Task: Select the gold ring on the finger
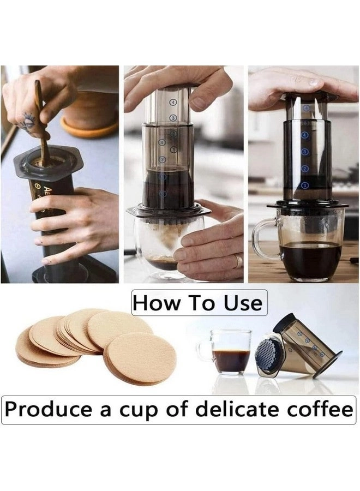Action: coord(237,261)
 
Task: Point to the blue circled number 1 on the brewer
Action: coord(305,185)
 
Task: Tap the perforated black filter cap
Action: coord(269,355)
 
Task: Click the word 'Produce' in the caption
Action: coord(50,409)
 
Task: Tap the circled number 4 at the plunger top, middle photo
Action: coord(173,101)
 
